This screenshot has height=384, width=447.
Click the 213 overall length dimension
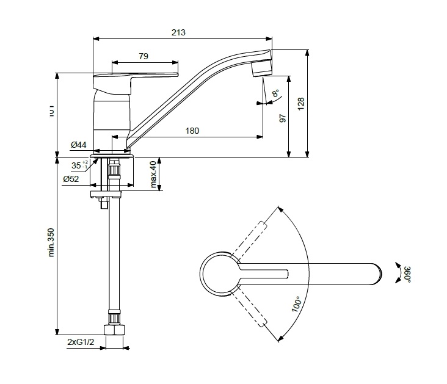click(x=179, y=32)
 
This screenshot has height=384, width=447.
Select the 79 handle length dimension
click(x=144, y=56)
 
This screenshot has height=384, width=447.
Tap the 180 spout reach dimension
click(x=192, y=130)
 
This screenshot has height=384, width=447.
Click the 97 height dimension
click(x=283, y=117)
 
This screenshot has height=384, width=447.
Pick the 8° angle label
click(x=275, y=93)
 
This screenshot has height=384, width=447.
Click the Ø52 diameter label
click(x=71, y=179)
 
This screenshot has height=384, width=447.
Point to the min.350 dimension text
click(x=51, y=242)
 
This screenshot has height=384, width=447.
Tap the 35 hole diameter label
click(x=76, y=165)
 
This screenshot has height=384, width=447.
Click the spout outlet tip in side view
click(x=261, y=68)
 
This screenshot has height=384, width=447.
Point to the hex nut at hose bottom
click(x=115, y=330)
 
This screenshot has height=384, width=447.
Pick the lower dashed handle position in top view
click(x=251, y=308)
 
